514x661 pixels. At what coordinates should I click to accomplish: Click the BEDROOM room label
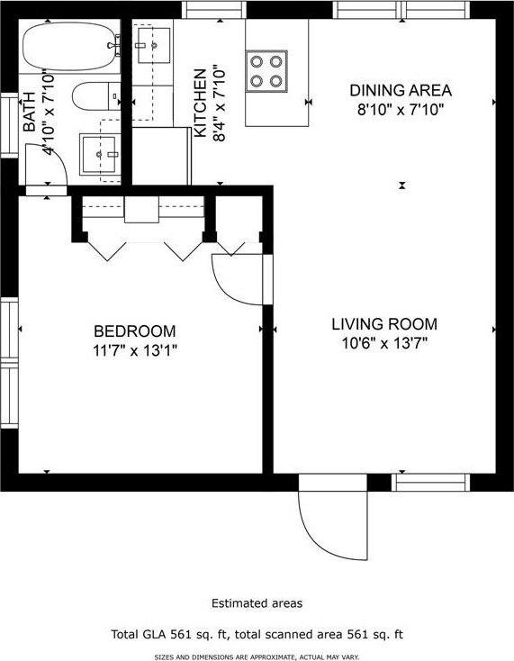(x=134, y=331)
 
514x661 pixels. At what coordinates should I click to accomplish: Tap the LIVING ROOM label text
(x=384, y=324)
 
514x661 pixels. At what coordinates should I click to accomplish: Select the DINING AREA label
(x=401, y=90)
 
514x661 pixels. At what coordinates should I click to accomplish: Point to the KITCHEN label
(x=200, y=104)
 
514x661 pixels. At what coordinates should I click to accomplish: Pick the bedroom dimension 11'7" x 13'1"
(x=134, y=350)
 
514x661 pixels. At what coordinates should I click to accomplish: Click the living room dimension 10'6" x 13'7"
(x=384, y=344)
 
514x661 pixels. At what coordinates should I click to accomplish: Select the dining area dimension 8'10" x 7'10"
(x=401, y=110)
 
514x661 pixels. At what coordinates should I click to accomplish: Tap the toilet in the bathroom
(x=96, y=96)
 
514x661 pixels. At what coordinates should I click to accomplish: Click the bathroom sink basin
(x=99, y=154)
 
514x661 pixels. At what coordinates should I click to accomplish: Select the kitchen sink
(x=152, y=45)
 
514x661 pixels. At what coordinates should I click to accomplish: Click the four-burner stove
(x=266, y=71)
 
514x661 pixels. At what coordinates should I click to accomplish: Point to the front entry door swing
(x=333, y=525)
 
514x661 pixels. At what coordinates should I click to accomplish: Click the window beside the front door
(x=430, y=483)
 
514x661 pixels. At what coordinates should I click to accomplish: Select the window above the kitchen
(x=214, y=10)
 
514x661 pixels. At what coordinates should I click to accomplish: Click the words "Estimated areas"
(x=257, y=603)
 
